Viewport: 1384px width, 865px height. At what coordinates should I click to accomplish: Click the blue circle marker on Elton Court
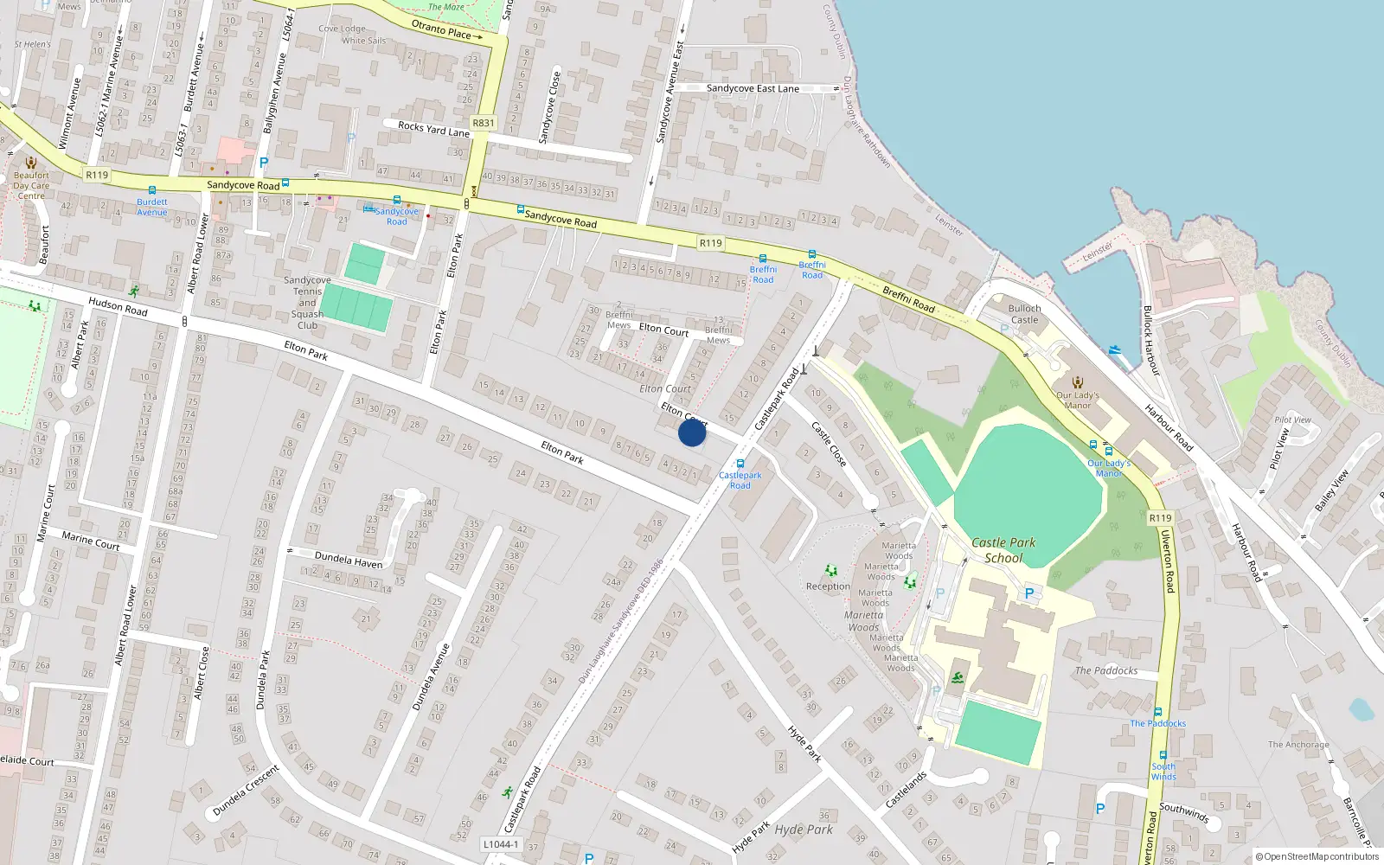click(691, 432)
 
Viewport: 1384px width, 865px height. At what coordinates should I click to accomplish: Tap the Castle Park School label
click(1003, 550)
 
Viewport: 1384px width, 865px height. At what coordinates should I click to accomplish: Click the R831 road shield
click(483, 123)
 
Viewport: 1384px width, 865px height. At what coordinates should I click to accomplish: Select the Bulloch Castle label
click(1024, 314)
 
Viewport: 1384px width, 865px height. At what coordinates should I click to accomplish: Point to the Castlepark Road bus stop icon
click(740, 464)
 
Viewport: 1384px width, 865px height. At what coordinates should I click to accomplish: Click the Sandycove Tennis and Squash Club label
click(307, 303)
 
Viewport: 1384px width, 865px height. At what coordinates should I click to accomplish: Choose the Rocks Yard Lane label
click(433, 130)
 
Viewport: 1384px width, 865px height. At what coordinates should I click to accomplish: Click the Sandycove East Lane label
click(753, 88)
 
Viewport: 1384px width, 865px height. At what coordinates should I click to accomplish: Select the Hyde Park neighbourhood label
click(804, 830)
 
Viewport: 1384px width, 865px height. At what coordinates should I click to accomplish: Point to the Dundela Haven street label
click(349, 561)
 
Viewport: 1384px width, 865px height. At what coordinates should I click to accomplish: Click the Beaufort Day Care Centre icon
click(31, 163)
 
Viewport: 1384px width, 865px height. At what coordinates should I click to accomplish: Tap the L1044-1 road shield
click(501, 844)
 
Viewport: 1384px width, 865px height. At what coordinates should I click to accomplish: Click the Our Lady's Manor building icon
click(1078, 382)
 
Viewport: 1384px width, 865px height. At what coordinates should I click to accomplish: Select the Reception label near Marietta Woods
click(828, 586)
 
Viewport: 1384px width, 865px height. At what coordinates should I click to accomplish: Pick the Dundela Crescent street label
click(246, 791)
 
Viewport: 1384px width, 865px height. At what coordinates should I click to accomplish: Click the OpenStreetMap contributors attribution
click(1317, 856)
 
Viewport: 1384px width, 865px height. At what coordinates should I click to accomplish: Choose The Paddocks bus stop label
click(1157, 723)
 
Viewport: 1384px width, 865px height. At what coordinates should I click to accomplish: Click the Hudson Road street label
click(118, 306)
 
